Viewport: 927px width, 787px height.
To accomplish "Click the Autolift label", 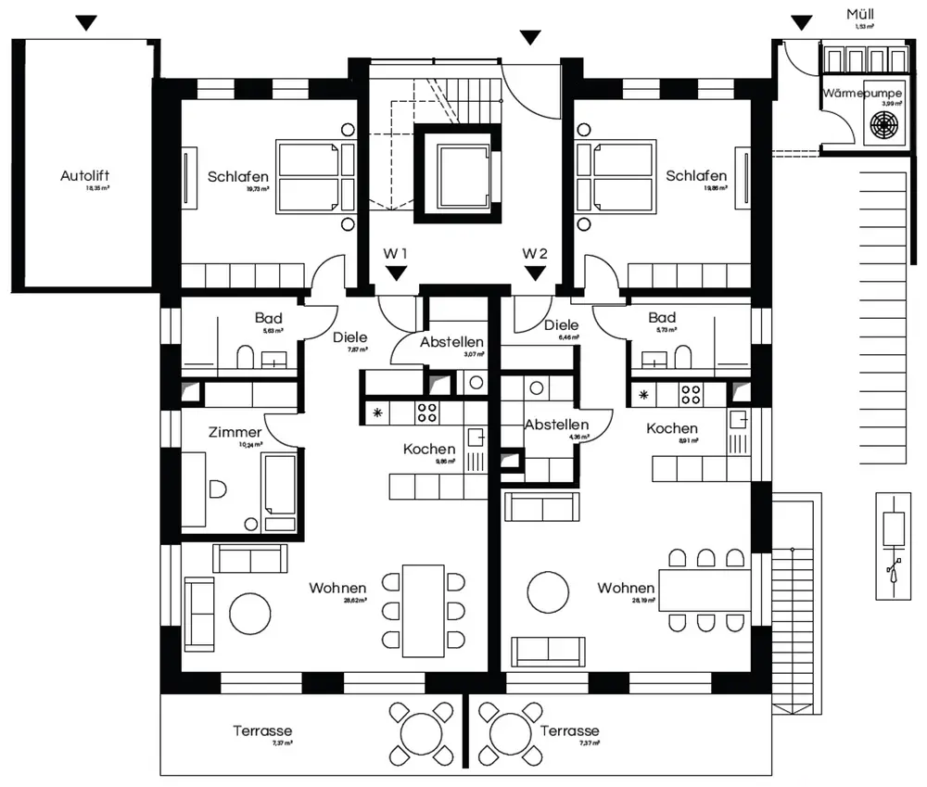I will click(91, 175).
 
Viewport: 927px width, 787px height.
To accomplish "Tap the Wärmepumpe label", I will click(861, 94).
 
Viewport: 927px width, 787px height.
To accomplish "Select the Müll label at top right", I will click(859, 15).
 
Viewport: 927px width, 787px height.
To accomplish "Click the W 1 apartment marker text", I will click(396, 253).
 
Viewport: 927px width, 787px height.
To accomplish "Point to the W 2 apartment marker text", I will click(535, 253).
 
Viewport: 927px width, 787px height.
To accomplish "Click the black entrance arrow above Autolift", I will click(86, 23).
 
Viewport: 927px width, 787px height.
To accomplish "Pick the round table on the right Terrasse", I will click(509, 730).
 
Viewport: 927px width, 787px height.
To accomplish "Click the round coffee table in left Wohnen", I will click(250, 613).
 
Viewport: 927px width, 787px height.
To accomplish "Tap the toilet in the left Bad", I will click(246, 356).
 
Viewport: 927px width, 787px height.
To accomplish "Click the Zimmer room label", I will click(235, 432).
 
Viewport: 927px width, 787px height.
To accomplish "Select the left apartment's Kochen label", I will click(429, 449).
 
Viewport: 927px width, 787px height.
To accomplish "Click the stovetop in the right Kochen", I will click(691, 395).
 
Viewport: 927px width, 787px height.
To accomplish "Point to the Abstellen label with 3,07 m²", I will click(451, 342).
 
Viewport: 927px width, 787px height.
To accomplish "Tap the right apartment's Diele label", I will click(562, 325).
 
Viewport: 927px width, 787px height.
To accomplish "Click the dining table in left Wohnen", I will click(423, 610).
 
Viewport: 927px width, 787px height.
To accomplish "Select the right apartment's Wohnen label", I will click(626, 588).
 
